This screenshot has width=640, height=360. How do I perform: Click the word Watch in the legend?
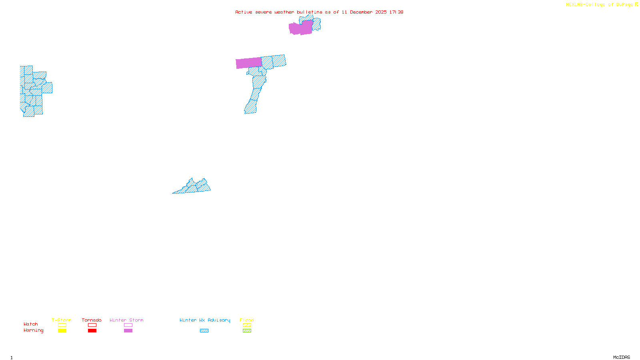(x=31, y=324)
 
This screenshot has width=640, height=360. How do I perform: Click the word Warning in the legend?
(x=34, y=330)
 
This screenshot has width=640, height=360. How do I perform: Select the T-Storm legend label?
(x=62, y=320)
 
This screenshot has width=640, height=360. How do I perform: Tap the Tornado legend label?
(x=92, y=320)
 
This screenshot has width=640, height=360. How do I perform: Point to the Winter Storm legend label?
(x=126, y=320)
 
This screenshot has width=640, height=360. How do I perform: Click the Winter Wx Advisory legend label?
(x=205, y=320)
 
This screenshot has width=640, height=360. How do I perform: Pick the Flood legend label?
(x=247, y=320)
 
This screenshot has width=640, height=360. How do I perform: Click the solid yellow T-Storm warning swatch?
(x=62, y=331)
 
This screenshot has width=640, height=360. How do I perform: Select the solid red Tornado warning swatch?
(x=92, y=331)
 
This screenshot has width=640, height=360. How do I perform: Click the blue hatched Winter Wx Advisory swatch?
(x=204, y=331)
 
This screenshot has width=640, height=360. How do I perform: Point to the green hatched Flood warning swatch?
(x=247, y=331)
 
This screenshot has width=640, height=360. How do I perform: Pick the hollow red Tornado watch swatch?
(x=92, y=325)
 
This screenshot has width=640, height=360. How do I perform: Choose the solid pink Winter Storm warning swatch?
(x=128, y=331)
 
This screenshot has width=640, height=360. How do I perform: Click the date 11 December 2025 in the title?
(x=364, y=12)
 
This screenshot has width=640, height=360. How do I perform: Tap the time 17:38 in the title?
(x=396, y=12)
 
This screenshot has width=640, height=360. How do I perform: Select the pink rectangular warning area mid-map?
(x=249, y=63)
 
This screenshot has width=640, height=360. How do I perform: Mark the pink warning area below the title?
(x=300, y=28)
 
